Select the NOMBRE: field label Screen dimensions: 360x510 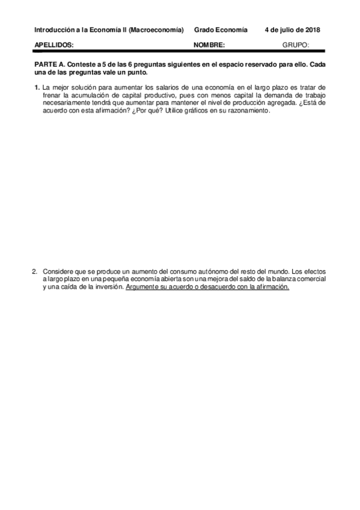point(209,45)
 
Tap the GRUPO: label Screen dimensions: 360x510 point(295,45)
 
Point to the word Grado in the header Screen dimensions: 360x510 point(204,29)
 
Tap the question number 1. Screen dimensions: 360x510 point(37,87)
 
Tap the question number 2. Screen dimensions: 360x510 point(35,272)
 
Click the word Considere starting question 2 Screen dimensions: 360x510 point(58,272)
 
